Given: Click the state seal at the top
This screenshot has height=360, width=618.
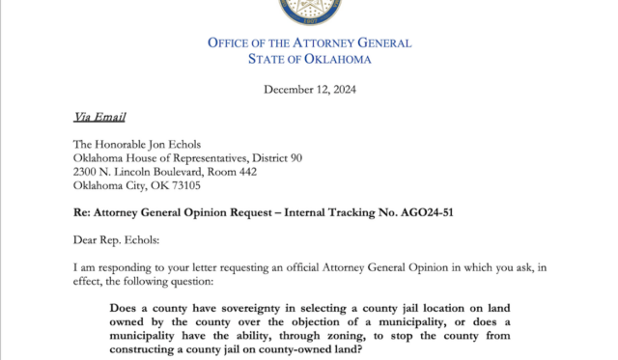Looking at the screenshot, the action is coord(309,10).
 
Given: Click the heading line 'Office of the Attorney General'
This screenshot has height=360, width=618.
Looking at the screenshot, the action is coord(309,42).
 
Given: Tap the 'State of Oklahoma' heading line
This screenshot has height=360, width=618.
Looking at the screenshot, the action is coord(309,59).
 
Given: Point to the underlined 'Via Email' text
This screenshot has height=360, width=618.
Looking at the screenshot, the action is coord(99,118).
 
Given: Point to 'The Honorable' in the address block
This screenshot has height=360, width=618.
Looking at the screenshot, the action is coord(107,143).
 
